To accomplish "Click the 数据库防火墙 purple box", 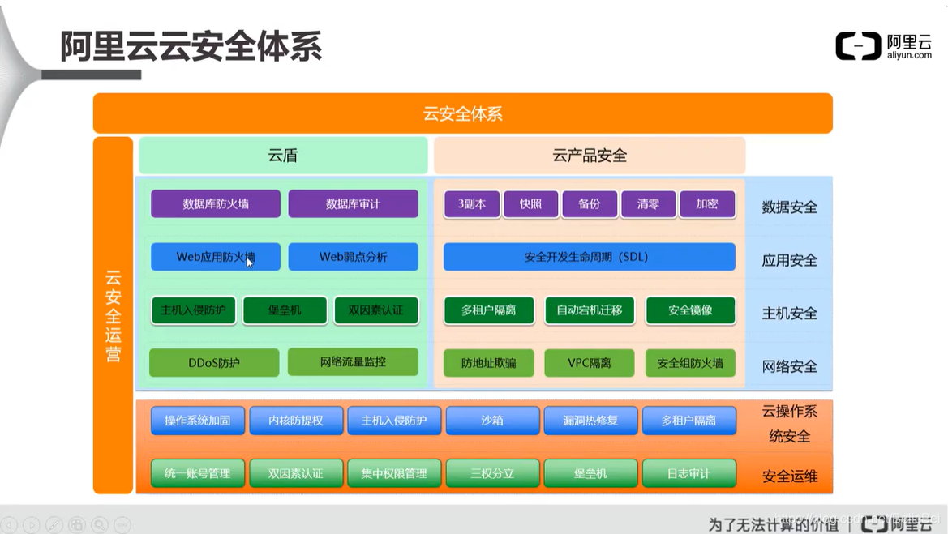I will tap(216, 204).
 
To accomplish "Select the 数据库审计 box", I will tap(353, 204).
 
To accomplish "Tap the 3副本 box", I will tap(472, 204).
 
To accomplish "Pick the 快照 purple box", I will tap(530, 204).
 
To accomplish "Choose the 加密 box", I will tap(707, 204).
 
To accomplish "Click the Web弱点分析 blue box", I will tap(353, 257).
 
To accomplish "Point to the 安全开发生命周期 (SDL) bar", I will tap(589, 257).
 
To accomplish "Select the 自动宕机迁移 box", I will tap(590, 310).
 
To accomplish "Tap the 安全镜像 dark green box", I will tap(690, 310).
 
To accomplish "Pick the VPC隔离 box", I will tap(590, 363).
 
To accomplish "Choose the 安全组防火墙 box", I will tap(690, 363).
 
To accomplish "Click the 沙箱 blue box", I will tap(492, 421).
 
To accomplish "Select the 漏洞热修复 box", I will tap(590, 421).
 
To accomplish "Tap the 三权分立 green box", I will tap(492, 473).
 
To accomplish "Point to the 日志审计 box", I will tap(688, 473).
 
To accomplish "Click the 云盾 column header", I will tap(283, 156).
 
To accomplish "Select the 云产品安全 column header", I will tap(590, 156).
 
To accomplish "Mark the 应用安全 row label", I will tap(789, 261).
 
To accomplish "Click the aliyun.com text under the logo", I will tap(909, 55).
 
